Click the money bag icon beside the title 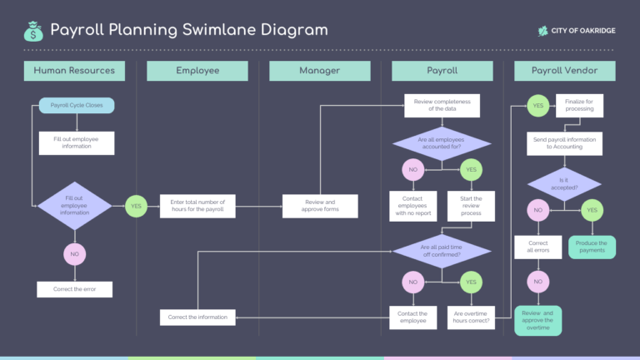pyautogui.click(x=33, y=31)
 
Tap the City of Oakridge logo pyautogui.click(x=577, y=31)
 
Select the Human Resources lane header pyautogui.click(x=74, y=71)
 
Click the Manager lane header pyautogui.click(x=319, y=71)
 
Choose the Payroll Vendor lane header pyautogui.click(x=564, y=71)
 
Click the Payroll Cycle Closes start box pyautogui.click(x=77, y=105)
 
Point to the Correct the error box pyautogui.click(x=75, y=289)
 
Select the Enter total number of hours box pyautogui.click(x=197, y=206)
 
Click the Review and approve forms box pyautogui.click(x=320, y=206)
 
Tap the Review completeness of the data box pyautogui.click(x=442, y=105)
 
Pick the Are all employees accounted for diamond pyautogui.click(x=442, y=142)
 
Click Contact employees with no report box pyautogui.click(x=412, y=206)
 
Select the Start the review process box pyautogui.click(x=471, y=206)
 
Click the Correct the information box pyautogui.click(x=197, y=317)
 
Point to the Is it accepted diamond pyautogui.click(x=564, y=182)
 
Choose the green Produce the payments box pyautogui.click(x=592, y=247)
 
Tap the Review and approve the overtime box pyautogui.click(x=537, y=320)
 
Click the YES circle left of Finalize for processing pyautogui.click(x=537, y=106)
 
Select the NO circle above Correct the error pyautogui.click(x=75, y=253)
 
